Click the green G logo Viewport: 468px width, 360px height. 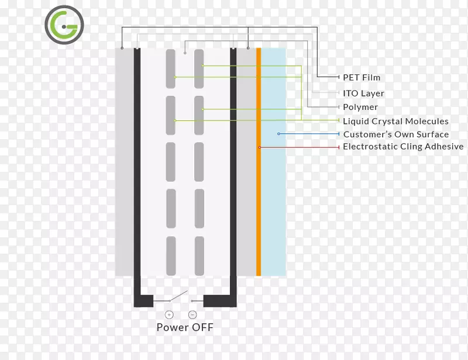click(64, 25)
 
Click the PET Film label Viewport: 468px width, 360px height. click(362, 77)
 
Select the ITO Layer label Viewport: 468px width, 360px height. click(363, 94)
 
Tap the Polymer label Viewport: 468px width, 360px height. click(360, 107)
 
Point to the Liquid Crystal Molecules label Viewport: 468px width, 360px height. click(395, 121)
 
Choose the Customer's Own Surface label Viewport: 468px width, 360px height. click(396, 134)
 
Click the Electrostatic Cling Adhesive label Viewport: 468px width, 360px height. click(403, 147)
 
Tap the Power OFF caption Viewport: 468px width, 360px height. click(185, 327)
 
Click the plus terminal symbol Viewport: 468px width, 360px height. click(170, 314)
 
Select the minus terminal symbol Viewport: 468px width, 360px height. click(192, 314)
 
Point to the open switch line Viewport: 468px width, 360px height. click(179, 296)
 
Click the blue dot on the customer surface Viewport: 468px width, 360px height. click(278, 134)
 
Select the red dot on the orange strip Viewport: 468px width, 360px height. click(259, 147)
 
